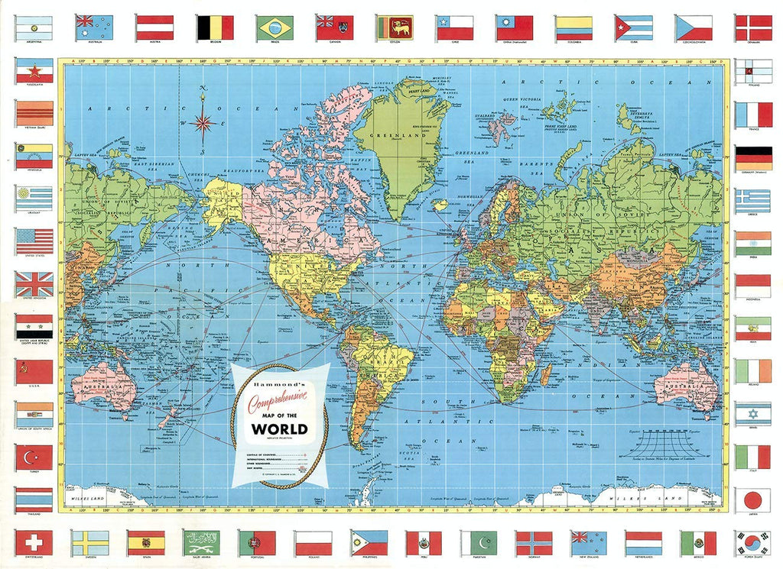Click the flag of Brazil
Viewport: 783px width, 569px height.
point(276,28)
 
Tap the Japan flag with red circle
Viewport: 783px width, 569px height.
point(753,499)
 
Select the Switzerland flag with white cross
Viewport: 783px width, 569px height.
point(34,542)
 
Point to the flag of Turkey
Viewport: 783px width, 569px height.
point(34,457)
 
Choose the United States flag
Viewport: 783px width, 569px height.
point(34,241)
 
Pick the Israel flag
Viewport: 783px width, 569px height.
point(753,413)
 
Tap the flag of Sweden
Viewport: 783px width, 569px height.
point(90,542)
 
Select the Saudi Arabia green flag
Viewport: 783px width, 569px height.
point(202,542)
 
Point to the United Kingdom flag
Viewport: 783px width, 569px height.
point(34,284)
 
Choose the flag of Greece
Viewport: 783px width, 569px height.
point(753,201)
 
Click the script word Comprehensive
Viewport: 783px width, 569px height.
point(279,396)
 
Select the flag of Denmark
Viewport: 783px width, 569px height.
point(753,28)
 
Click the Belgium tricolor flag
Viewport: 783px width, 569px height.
point(216,28)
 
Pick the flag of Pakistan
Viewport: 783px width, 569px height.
point(479,542)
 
